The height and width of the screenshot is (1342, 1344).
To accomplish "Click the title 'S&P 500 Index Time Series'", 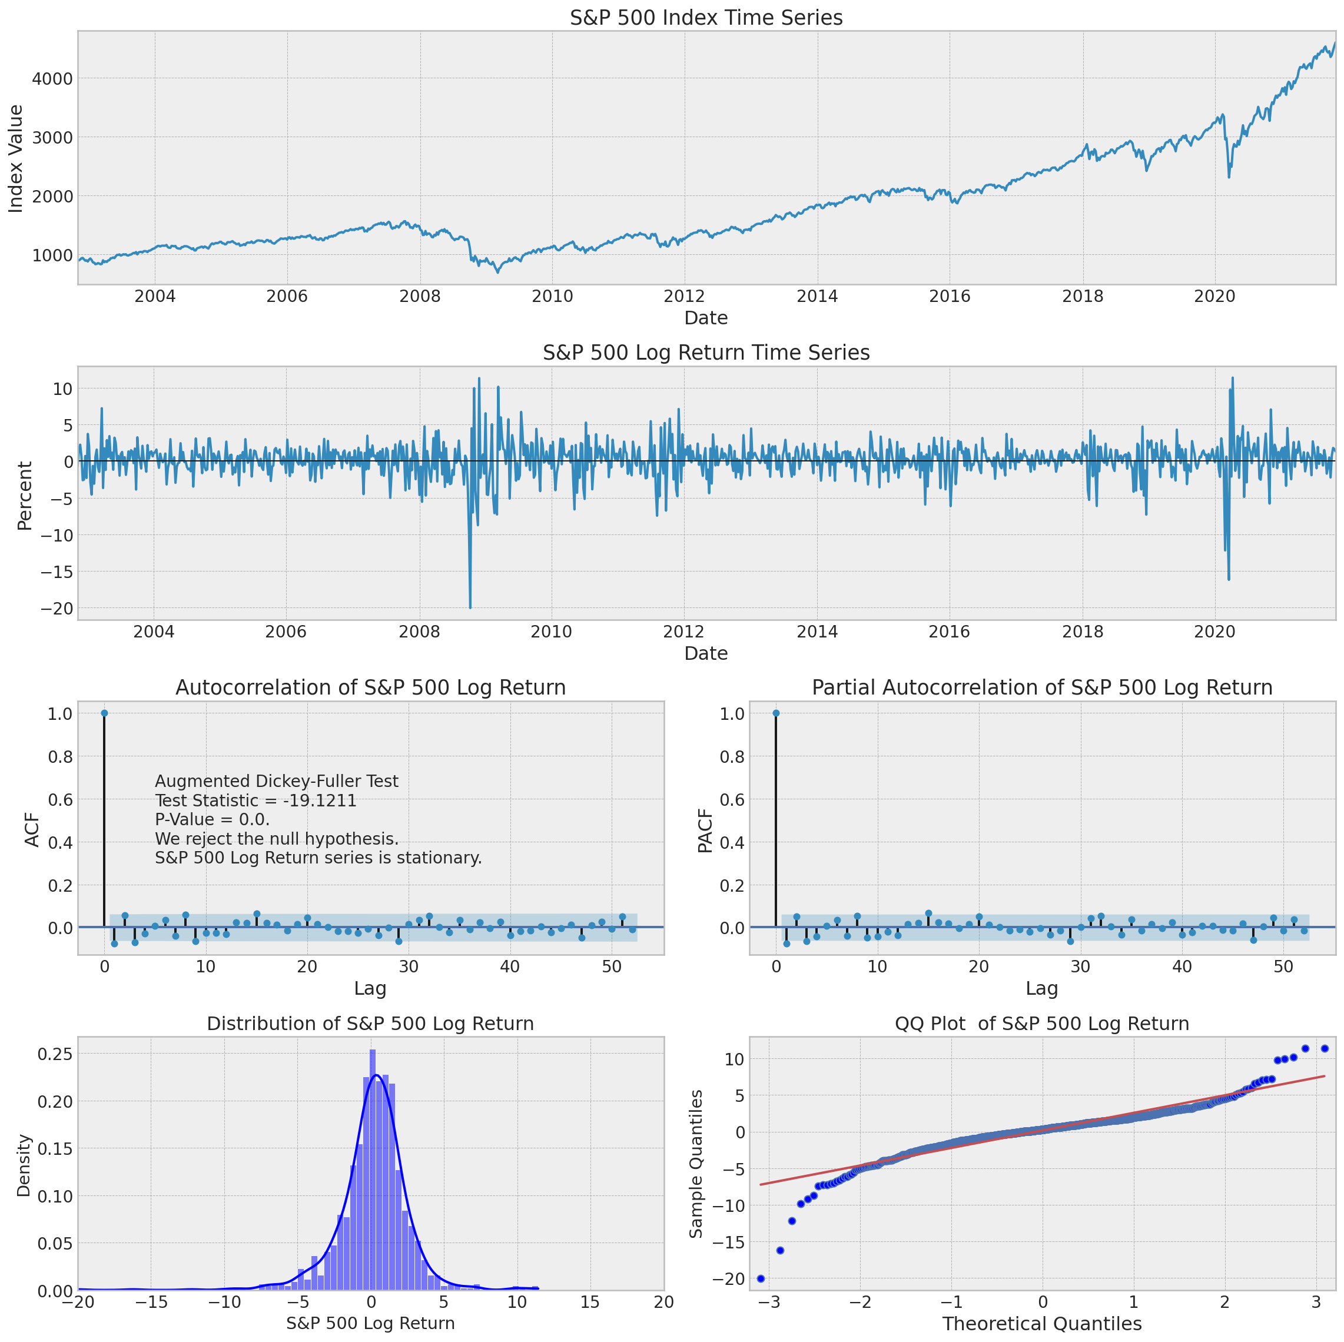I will point(705,18).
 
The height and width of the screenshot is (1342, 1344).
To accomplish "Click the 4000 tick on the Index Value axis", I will point(53,79).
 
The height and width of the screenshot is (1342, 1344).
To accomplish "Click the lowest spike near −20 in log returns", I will point(470,607).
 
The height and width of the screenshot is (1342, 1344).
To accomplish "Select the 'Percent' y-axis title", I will point(25,496).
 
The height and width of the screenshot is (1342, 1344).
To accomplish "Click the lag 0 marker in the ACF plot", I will point(104,713).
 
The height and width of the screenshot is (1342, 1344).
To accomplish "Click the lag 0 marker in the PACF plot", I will point(776,713).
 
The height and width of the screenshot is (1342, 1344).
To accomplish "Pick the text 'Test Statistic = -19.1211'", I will point(255,800).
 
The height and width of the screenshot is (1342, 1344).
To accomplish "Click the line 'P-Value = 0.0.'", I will point(212,819).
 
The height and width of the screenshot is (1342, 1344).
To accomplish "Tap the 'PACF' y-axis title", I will point(705,831).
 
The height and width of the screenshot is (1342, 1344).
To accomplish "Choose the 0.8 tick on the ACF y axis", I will point(58,756).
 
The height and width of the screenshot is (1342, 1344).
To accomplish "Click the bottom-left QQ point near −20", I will point(761,1278).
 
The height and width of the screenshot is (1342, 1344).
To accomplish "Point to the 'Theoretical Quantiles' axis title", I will point(1041,1323).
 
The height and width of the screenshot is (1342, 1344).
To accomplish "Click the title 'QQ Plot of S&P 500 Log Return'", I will point(1041,1024).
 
